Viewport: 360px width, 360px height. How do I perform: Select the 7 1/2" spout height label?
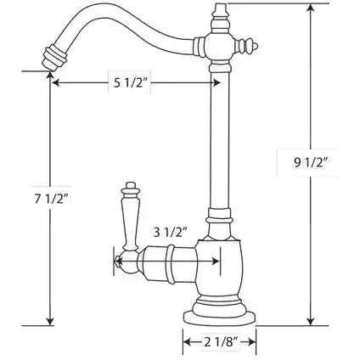pos(52,199)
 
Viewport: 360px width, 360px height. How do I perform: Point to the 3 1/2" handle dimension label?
pos(171,233)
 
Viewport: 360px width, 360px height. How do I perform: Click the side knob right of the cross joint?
pos(248,46)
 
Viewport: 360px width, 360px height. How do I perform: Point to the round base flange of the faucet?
pos(220,318)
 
